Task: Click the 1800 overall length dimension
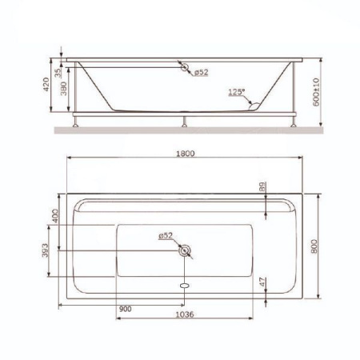coord(186,154)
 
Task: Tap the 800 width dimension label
coord(314,246)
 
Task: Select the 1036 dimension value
coord(185,314)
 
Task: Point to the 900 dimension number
coord(126,309)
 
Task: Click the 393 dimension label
coord(46,250)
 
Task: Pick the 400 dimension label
coord(54,216)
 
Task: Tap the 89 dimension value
coord(262,186)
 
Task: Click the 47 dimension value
coord(262,282)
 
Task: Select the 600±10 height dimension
coord(316,92)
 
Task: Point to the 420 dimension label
coord(46,84)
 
